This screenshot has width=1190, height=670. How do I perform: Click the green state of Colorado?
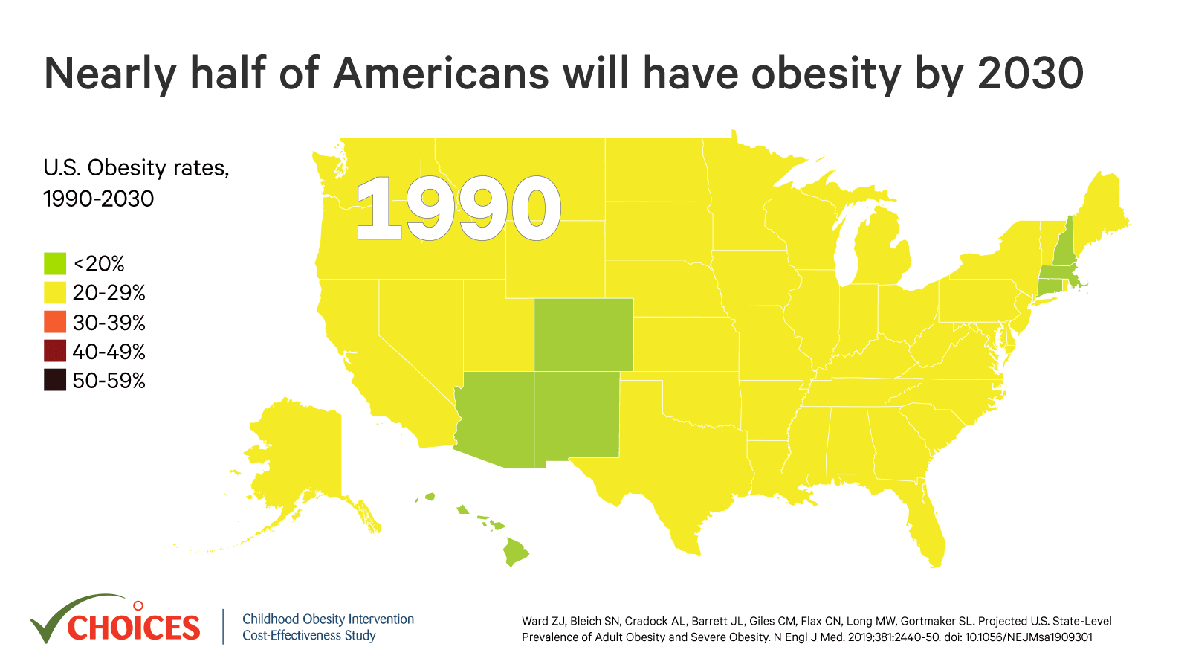coord(583,335)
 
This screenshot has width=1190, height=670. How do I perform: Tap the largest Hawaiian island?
coord(515,552)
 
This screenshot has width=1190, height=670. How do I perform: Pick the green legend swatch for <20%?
coord(55,263)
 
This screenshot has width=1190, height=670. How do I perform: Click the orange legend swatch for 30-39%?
coord(55,322)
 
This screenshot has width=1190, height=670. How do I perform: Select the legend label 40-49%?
coord(109,352)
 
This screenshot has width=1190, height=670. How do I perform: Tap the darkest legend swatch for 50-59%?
coord(55,380)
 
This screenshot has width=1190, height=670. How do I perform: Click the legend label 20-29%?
coord(109,293)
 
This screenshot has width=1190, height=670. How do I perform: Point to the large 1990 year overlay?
coord(457,210)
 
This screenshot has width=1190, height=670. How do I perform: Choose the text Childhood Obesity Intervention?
coord(328,619)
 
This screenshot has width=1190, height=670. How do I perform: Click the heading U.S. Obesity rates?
coord(136,168)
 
